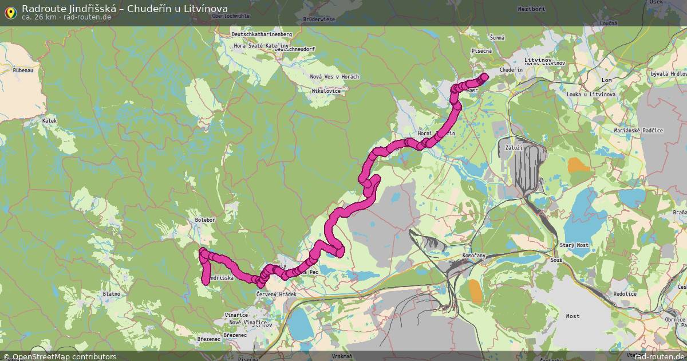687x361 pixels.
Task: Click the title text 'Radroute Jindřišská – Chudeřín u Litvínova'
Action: (x=124, y=9)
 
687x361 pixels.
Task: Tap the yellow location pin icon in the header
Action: (x=10, y=11)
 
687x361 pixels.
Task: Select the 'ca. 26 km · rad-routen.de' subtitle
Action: (x=66, y=17)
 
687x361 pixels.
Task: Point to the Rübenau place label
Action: (x=23, y=70)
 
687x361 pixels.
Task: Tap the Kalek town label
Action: (x=50, y=121)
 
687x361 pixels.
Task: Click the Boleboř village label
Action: (x=204, y=219)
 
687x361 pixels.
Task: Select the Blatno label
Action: (x=111, y=294)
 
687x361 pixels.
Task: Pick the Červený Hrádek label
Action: (x=277, y=294)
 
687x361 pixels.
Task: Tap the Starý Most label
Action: (x=574, y=245)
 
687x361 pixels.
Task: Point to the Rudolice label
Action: (x=625, y=294)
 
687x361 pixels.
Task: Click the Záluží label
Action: (x=514, y=147)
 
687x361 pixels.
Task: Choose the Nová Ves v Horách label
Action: (x=334, y=77)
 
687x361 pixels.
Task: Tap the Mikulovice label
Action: (x=326, y=91)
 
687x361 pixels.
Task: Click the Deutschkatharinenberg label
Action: (x=262, y=34)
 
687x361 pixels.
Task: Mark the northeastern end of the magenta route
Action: (x=484, y=76)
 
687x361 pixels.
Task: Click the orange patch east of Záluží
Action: (x=579, y=166)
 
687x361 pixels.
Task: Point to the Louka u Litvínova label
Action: (x=591, y=94)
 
